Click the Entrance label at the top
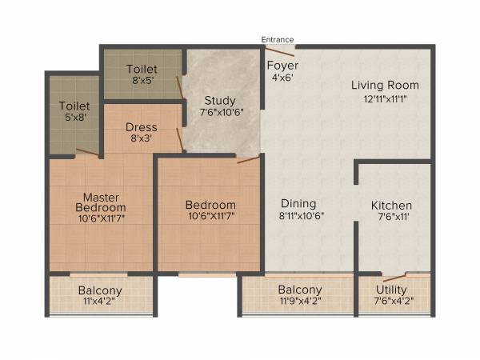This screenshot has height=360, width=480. (278, 39)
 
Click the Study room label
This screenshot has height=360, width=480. (219, 100)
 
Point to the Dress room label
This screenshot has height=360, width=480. (141, 127)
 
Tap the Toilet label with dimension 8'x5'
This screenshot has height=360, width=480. (142, 70)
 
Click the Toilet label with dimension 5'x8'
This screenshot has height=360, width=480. (74, 106)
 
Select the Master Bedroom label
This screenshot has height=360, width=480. (101, 202)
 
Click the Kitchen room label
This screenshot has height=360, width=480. (391, 206)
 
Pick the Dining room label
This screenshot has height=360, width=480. (298, 203)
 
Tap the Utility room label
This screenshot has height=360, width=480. (391, 289)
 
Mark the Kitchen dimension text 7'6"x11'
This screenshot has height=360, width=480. (391, 217)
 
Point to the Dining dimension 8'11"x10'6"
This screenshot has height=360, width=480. (301, 215)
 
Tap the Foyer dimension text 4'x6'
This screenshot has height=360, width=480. (282, 78)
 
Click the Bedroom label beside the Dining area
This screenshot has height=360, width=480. (210, 204)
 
